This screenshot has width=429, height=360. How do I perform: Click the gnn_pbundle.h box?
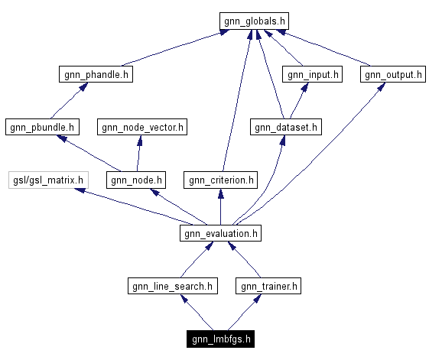point(42,127)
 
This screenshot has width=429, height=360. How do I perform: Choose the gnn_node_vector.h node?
point(141,127)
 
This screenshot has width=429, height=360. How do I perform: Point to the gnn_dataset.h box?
point(285,127)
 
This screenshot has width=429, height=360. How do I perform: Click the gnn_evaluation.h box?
point(220,233)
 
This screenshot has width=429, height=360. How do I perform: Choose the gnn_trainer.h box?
point(268,286)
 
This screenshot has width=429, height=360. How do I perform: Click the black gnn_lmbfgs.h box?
point(221,339)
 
